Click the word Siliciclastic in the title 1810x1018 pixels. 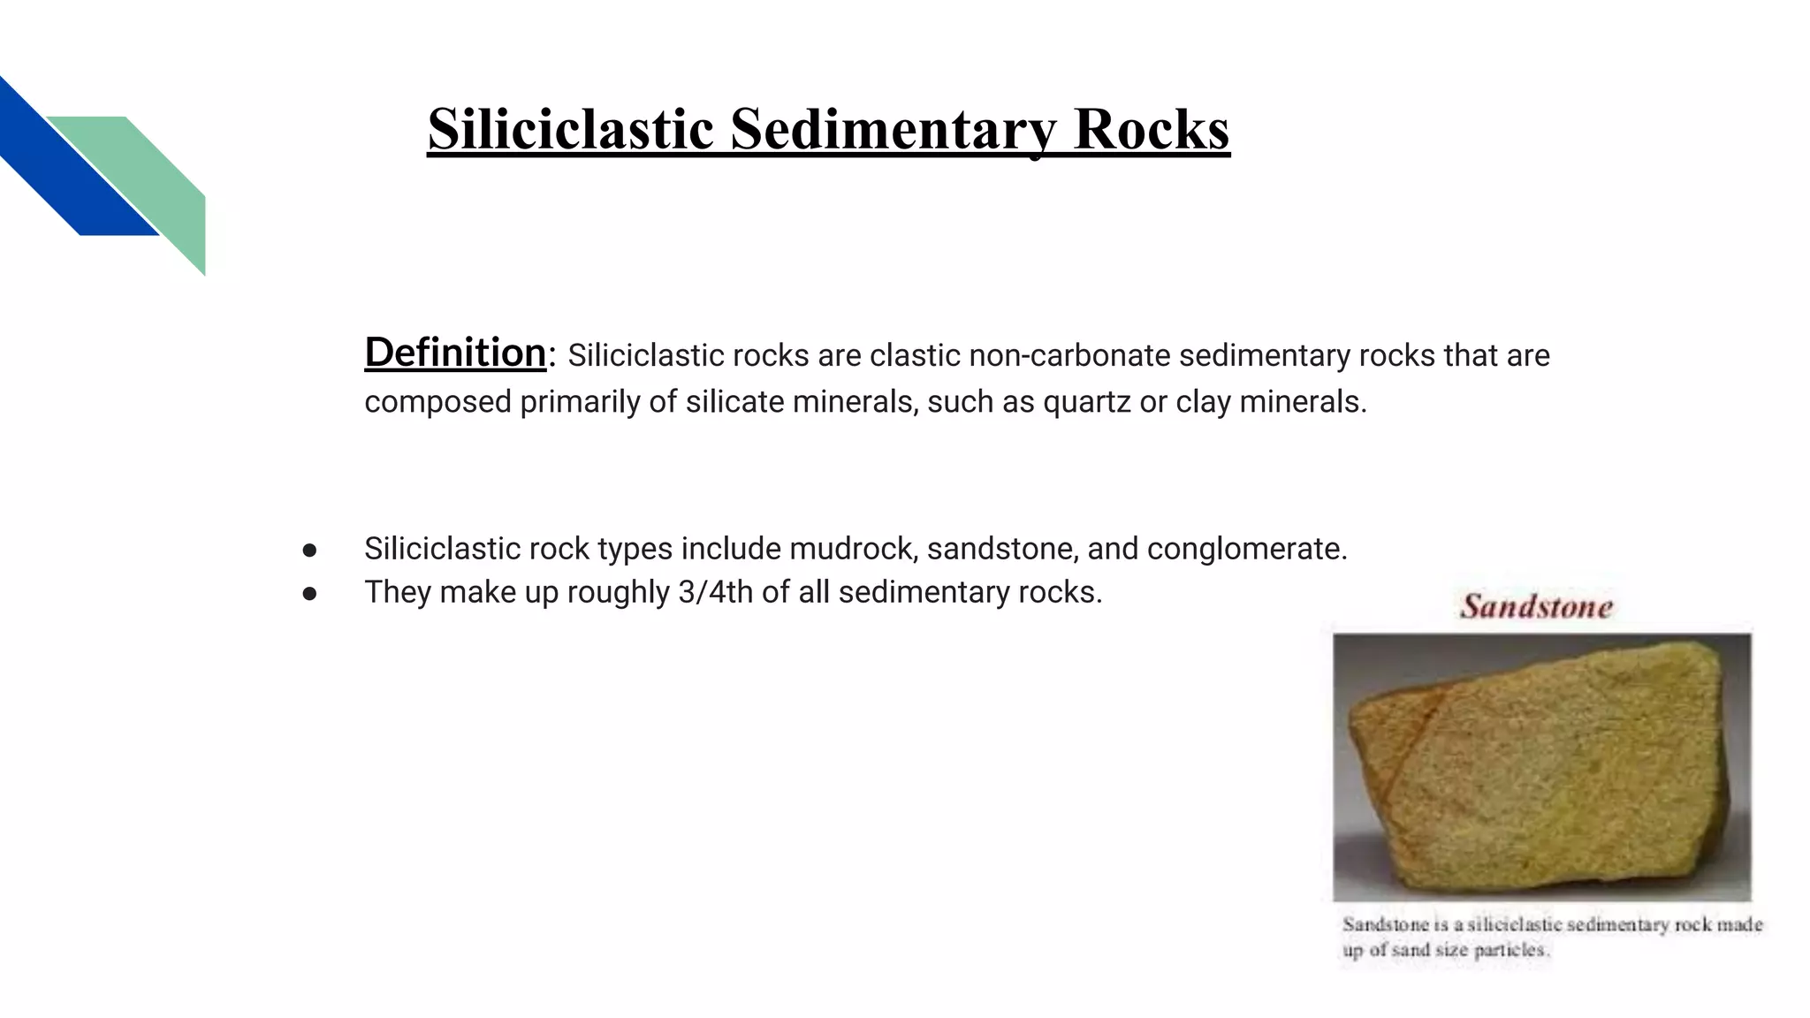click(570, 129)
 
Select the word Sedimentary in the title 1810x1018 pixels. click(894, 129)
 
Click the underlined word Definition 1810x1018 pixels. click(455, 353)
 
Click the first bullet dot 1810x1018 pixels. click(309, 551)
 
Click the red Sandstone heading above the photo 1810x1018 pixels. click(1536, 606)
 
